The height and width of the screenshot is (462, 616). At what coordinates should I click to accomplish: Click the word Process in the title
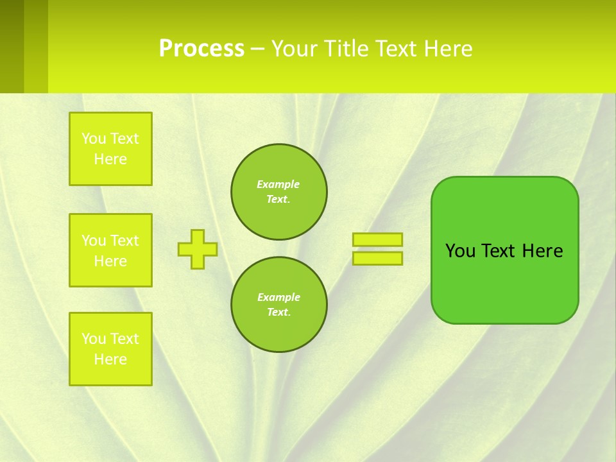point(201,49)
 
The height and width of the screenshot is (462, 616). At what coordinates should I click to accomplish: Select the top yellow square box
point(110,149)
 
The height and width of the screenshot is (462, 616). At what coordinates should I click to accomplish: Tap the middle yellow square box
point(110,250)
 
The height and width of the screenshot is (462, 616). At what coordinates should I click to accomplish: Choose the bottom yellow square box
point(110,349)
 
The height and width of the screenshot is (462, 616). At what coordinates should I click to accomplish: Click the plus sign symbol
point(198,249)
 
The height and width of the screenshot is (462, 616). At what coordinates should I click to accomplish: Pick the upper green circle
point(279,192)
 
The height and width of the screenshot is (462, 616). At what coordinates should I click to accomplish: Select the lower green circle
point(279,305)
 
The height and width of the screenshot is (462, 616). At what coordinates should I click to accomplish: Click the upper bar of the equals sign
point(378,239)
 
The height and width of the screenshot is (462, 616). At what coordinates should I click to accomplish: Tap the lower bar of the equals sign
point(378,258)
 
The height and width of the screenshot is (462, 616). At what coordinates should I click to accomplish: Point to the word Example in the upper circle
point(278,184)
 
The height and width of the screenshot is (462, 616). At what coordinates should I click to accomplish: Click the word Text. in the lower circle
point(278,312)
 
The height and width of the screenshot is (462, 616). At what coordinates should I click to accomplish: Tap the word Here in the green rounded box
point(542,251)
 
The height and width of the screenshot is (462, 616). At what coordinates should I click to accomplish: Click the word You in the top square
point(93,139)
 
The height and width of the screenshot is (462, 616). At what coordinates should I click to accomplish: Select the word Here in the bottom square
point(110,359)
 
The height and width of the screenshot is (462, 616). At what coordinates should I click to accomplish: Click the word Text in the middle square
point(124,241)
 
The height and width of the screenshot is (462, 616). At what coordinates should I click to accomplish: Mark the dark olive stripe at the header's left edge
point(12,46)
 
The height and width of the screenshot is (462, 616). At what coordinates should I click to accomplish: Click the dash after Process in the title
point(258,49)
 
